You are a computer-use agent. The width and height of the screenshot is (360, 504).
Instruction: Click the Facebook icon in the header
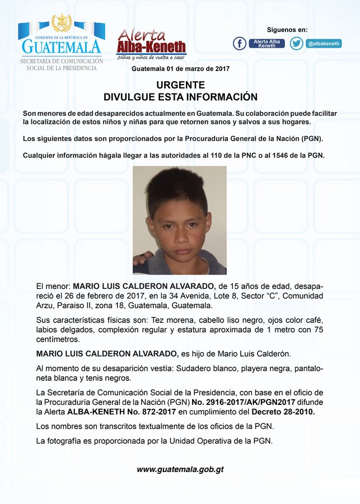(240, 43)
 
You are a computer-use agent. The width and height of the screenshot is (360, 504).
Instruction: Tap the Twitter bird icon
(297, 43)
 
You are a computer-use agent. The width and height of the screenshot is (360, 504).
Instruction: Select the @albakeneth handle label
(324, 43)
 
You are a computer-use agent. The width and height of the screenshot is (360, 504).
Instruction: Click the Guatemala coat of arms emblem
(62, 24)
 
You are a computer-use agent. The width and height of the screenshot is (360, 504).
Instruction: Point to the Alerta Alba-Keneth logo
(151, 44)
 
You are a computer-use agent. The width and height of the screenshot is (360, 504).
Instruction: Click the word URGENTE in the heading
(180, 85)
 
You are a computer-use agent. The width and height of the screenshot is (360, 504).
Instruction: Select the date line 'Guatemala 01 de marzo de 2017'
(180, 69)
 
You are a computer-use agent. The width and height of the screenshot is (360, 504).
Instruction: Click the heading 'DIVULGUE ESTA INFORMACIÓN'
(180, 97)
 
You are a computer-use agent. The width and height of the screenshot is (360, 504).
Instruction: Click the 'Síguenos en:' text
(287, 30)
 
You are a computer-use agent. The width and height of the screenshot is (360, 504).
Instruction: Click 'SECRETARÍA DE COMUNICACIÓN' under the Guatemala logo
(62, 60)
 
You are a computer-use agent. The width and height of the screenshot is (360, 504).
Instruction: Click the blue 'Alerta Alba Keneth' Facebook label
(267, 43)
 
